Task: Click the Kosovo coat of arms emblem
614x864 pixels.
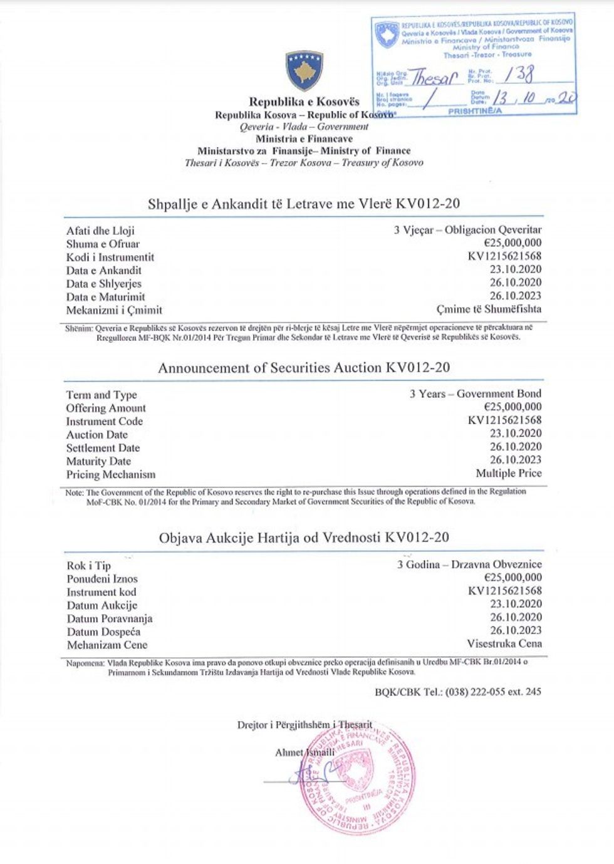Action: tap(304, 71)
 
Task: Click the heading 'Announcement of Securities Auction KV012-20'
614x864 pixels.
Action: tap(304, 368)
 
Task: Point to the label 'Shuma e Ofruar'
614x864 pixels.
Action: tap(103, 244)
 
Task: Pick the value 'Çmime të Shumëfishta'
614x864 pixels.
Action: tap(489, 309)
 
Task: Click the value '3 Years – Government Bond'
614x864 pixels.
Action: tap(475, 393)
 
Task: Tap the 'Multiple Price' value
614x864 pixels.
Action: tap(508, 473)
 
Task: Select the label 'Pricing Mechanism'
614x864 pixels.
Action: tap(110, 474)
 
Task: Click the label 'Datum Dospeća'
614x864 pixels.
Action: tap(103, 632)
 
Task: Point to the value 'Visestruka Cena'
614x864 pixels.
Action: tap(504, 643)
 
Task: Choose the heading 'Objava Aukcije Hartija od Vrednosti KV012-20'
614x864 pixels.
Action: tap(304, 538)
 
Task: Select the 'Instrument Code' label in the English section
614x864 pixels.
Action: tap(105, 421)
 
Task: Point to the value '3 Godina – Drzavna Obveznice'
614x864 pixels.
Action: tap(469, 564)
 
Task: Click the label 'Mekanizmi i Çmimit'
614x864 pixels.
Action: tap(114, 310)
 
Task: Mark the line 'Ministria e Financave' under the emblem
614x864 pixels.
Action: tap(304, 138)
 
